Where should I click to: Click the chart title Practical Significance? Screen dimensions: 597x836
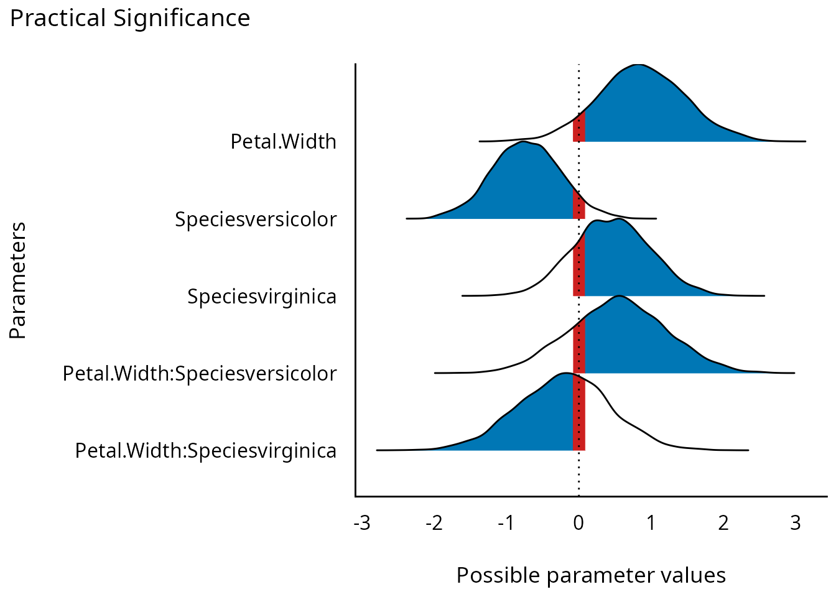point(130,19)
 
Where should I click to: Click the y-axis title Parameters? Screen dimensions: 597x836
point(18,280)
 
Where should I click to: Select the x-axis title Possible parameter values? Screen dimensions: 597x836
point(591,575)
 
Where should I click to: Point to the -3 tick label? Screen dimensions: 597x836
point(362,523)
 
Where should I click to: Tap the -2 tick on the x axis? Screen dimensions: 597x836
point(434,523)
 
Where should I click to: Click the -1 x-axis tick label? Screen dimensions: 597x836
point(506,523)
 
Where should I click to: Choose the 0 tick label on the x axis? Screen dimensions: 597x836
point(578,523)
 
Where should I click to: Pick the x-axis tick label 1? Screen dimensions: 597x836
point(651,523)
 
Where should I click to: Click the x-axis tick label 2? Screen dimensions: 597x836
point(723,523)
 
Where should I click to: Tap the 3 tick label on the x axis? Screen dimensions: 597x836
point(796,523)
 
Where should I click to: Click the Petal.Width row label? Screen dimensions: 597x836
point(283,142)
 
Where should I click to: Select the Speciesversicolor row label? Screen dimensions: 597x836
point(256,219)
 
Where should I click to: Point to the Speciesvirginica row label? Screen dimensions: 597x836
point(262,296)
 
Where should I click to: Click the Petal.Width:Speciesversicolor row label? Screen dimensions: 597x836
point(200,373)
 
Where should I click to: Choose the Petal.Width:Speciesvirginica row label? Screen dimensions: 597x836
point(206,450)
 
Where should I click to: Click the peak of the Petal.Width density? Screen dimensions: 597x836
point(636,65)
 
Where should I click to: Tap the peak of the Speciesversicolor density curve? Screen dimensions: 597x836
point(523,142)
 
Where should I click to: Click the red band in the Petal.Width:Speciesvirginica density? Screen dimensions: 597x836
point(579,414)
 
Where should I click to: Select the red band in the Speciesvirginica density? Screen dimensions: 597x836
point(579,267)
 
